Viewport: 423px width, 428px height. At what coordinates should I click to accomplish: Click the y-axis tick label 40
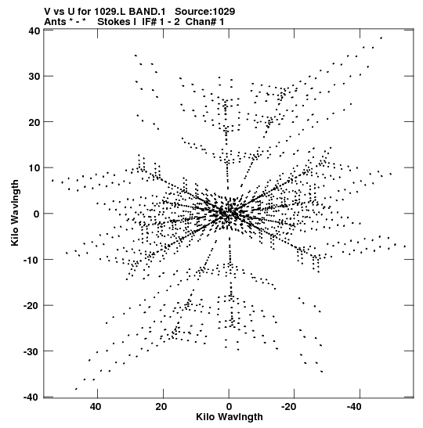tap(34, 31)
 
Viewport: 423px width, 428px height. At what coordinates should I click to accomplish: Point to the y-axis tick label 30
tap(34, 77)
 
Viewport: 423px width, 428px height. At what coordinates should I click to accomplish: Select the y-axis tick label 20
tap(34, 122)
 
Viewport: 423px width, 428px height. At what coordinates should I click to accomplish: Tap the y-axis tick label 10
tap(34, 168)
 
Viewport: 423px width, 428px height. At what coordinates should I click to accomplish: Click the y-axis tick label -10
tap(32, 260)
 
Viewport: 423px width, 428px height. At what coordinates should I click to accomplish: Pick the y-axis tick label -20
tap(32, 306)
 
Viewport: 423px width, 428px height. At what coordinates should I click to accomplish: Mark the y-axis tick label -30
tap(32, 351)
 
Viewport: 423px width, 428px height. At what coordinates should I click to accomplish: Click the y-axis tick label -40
tap(32, 397)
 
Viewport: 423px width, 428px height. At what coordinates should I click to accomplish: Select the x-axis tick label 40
tap(96, 407)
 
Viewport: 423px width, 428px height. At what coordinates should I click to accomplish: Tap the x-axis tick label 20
tap(161, 407)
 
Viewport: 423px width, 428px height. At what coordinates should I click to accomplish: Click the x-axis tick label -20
tap(288, 407)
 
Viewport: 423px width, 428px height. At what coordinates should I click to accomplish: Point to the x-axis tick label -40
tap(354, 407)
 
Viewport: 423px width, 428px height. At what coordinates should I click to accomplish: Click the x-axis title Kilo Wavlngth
tap(230, 417)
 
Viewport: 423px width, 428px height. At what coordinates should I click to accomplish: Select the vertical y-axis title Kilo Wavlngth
tap(15, 213)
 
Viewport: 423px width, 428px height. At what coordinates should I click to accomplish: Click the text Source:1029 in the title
tap(204, 12)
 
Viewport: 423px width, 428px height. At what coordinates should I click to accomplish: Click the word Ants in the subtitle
tap(55, 22)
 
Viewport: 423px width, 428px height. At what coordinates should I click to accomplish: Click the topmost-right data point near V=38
tap(381, 38)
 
